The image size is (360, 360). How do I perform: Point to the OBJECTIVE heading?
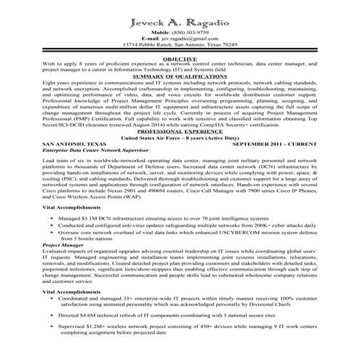tap(180, 57)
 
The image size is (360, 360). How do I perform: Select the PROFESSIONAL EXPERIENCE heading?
tap(180, 135)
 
